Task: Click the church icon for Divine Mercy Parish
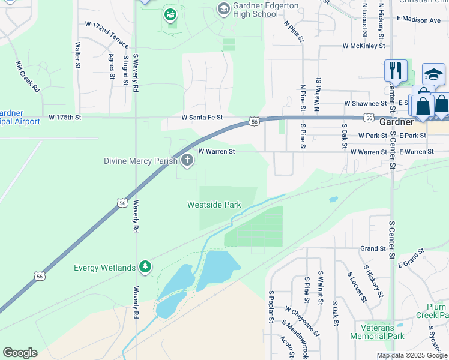(187, 160)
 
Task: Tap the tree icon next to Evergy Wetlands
(144, 267)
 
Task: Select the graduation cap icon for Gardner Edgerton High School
(223, 8)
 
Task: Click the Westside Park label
(214, 205)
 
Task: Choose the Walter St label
(77, 54)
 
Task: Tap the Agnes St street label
(112, 67)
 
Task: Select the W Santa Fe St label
(202, 117)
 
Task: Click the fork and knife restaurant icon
(396, 70)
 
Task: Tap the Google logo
(20, 353)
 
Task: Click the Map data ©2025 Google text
(412, 355)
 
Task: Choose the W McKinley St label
(363, 45)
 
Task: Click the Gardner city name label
(396, 122)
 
